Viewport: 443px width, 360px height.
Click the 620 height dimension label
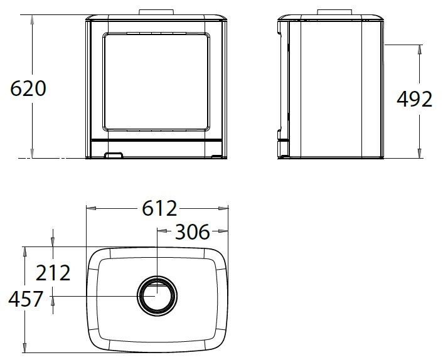[28, 88]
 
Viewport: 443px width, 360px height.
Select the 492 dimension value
[415, 99]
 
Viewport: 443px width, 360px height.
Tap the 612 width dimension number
[159, 208]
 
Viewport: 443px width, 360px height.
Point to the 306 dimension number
[193, 232]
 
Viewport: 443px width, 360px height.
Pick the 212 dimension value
[53, 273]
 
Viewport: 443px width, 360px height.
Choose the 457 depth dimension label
[26, 299]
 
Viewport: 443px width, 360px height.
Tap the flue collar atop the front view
[156, 12]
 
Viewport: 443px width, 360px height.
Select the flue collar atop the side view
[335, 12]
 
